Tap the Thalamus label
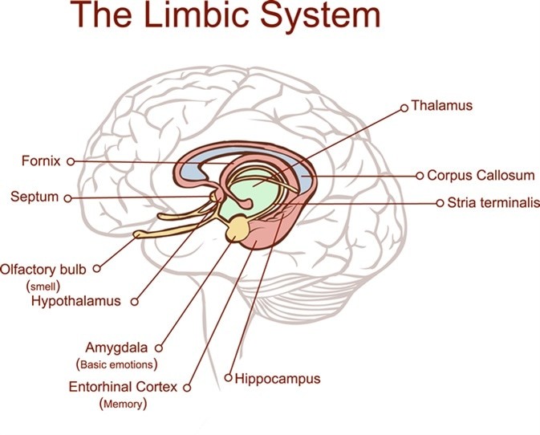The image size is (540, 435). point(441,105)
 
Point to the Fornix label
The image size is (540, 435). point(41,161)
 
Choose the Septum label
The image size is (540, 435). point(35,196)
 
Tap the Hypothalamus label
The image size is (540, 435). point(75,301)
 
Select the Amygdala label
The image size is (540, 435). point(119,348)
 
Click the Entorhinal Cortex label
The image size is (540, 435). point(124,387)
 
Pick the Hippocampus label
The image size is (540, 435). point(278,377)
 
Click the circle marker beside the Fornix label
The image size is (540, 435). point(71,161)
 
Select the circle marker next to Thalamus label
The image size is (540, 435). point(404,105)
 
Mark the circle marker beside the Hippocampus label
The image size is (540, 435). point(229,377)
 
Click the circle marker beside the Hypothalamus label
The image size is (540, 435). point(134,302)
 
